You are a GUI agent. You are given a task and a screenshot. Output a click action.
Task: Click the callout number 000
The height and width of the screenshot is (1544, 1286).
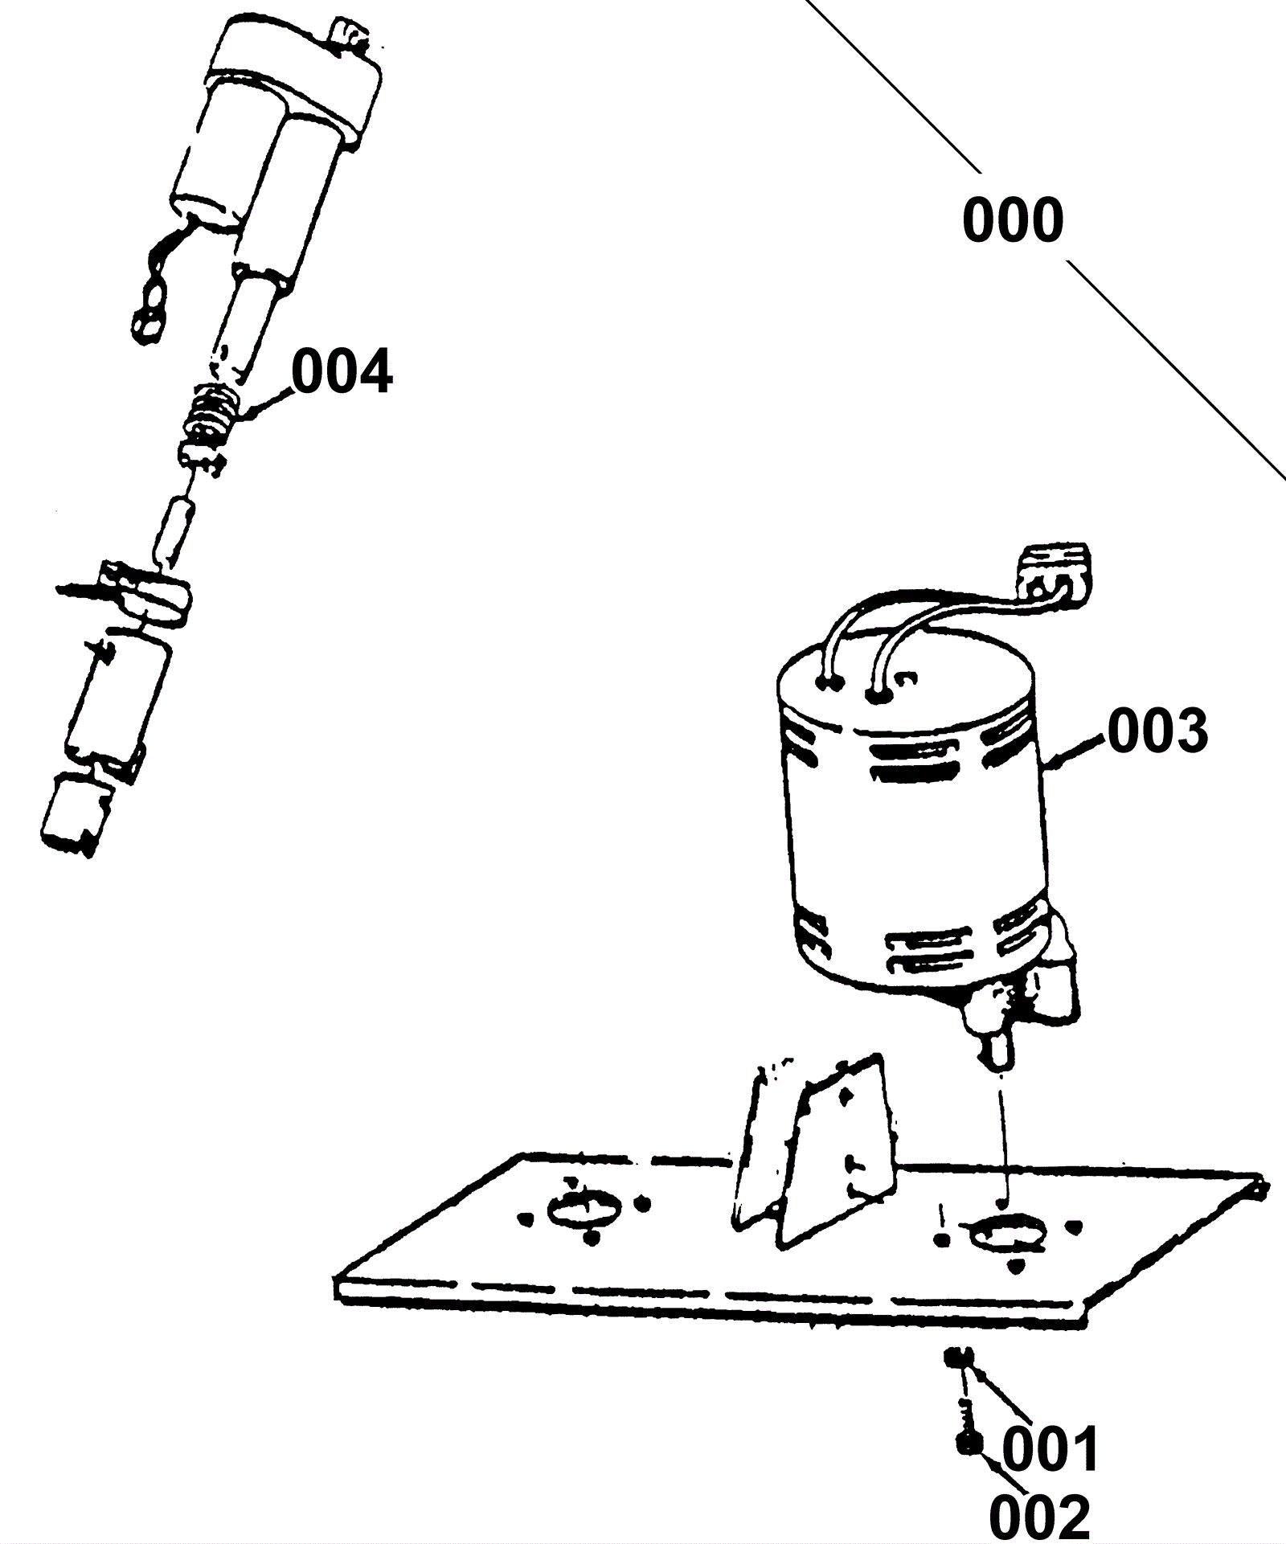coord(1013,220)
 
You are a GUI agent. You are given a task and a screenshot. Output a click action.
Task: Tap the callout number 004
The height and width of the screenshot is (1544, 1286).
coord(342,371)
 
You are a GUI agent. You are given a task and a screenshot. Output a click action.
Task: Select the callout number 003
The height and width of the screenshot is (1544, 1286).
coord(1157,731)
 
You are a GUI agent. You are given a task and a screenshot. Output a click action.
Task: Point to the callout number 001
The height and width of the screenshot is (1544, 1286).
coord(1050,1449)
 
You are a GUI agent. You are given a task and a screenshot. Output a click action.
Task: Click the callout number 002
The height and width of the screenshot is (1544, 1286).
coord(1039,1516)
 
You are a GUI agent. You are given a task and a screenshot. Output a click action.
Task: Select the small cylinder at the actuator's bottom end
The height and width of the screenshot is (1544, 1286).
coord(73,813)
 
